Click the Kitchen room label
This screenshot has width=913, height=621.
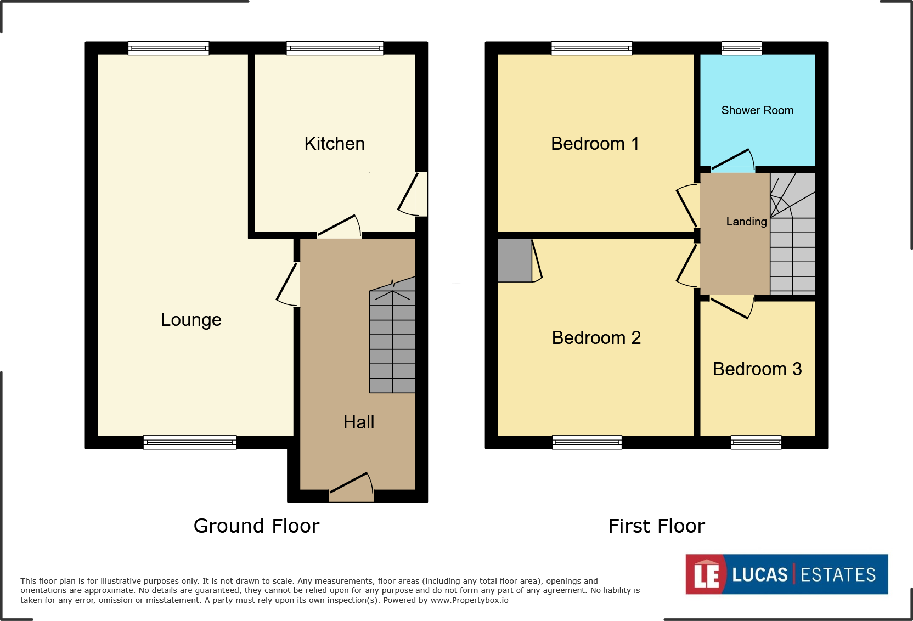(334, 144)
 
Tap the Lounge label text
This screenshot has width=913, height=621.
(191, 319)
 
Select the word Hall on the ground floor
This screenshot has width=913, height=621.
(358, 422)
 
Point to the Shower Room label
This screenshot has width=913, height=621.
(757, 110)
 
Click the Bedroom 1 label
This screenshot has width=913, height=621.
(595, 144)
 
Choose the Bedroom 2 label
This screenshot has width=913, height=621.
(596, 337)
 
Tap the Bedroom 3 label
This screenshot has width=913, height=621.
(757, 369)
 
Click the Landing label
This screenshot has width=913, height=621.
(746, 222)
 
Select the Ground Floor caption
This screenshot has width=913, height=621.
(256, 526)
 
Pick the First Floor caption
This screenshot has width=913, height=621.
(656, 526)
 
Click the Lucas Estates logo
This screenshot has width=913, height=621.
(786, 574)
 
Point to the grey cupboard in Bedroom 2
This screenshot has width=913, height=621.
(514, 260)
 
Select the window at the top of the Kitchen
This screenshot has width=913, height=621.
(335, 48)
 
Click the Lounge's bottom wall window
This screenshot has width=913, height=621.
(189, 442)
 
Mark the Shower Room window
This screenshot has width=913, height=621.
(741, 48)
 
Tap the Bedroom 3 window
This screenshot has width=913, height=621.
(756, 442)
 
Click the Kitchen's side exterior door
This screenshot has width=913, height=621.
(415, 194)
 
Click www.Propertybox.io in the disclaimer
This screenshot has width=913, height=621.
(469, 600)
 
